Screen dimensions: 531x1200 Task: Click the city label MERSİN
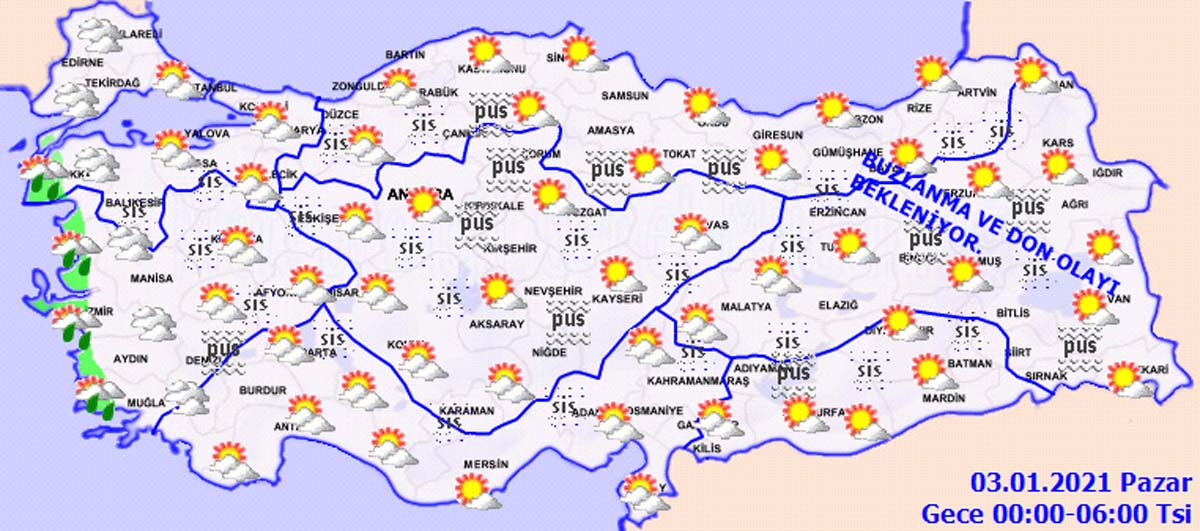click(x=487, y=465)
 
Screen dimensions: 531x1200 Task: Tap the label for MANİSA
click(x=151, y=279)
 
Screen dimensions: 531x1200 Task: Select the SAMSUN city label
click(x=624, y=97)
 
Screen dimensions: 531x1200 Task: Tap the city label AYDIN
click(x=131, y=359)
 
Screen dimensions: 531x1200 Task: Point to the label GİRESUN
click(x=780, y=135)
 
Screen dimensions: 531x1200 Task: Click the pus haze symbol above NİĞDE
click(x=566, y=321)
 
